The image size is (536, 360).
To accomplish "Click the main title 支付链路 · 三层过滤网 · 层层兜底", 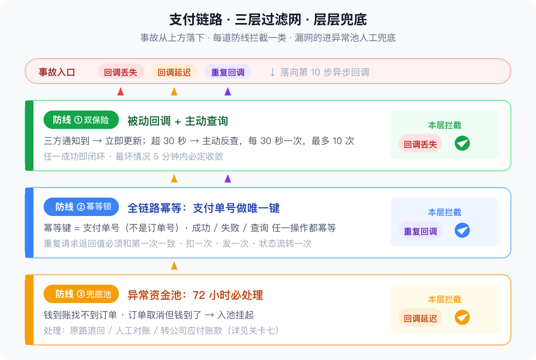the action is (268, 20).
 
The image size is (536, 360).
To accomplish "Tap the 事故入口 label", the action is (57, 72).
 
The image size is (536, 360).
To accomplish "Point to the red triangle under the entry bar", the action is (121, 92).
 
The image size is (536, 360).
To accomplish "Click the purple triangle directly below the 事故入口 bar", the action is (228, 92).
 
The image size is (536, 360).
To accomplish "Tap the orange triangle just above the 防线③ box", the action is (174, 266).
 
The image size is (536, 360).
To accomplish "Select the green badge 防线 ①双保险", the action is (81, 120).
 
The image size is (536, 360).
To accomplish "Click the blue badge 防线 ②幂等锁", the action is (81, 207).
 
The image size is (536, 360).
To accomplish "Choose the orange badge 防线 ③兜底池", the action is (81, 294).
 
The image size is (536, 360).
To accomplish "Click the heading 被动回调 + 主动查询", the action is (178, 121).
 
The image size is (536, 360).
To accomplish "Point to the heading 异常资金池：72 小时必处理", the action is (195, 295).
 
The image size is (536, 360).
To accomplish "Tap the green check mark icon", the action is (462, 143).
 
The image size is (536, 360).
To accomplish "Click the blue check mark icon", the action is (462, 230).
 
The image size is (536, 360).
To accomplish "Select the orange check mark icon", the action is (462, 317).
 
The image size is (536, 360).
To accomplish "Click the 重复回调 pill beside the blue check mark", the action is (420, 231).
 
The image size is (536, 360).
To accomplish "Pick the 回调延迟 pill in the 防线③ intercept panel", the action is (420, 318).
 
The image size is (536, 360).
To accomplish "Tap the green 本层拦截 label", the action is (445, 125).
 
